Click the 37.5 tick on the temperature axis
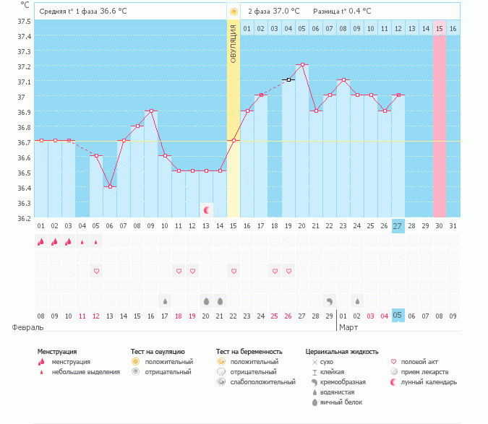23,20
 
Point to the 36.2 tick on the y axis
23,217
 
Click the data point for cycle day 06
110,186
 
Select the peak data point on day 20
302,64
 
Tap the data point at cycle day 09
151,111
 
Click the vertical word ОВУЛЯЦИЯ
234,43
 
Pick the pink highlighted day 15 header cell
439,28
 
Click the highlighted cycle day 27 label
398,226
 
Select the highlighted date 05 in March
398,316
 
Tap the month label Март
349,327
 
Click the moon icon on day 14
207,210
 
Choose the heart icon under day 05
96,271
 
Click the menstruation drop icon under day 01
40,242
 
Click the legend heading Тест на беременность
249,352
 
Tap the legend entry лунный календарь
428,381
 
